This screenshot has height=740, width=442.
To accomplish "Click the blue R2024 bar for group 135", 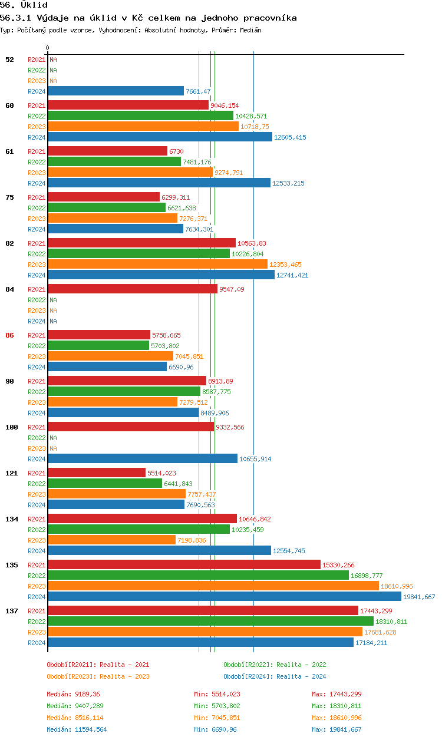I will point(224,597).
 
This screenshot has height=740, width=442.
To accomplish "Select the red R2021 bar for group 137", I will point(203,611).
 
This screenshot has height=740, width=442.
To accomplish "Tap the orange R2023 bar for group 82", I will point(157,265).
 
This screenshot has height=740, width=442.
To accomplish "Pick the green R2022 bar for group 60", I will point(140,116).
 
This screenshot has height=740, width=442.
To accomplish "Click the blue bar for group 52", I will point(116,91).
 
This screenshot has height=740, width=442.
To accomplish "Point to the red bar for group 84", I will point(132,289).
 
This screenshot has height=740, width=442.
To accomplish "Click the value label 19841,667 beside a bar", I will point(418,597).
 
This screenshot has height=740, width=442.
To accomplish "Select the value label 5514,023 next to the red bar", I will point(161,473).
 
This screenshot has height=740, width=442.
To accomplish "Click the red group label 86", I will point(9,335).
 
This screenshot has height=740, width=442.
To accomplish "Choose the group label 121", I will point(12,473).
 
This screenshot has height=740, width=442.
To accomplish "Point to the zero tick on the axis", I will point(48,48).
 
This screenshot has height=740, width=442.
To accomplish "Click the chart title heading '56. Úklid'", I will point(24,5).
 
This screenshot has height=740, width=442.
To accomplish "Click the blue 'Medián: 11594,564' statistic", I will point(77,729).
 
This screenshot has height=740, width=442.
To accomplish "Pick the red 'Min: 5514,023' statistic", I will point(217,694).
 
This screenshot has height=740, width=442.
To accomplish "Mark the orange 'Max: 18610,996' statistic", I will point(337,718).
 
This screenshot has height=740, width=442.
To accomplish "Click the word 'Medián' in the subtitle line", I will point(250,30).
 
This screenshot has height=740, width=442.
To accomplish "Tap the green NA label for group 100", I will point(53,438).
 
